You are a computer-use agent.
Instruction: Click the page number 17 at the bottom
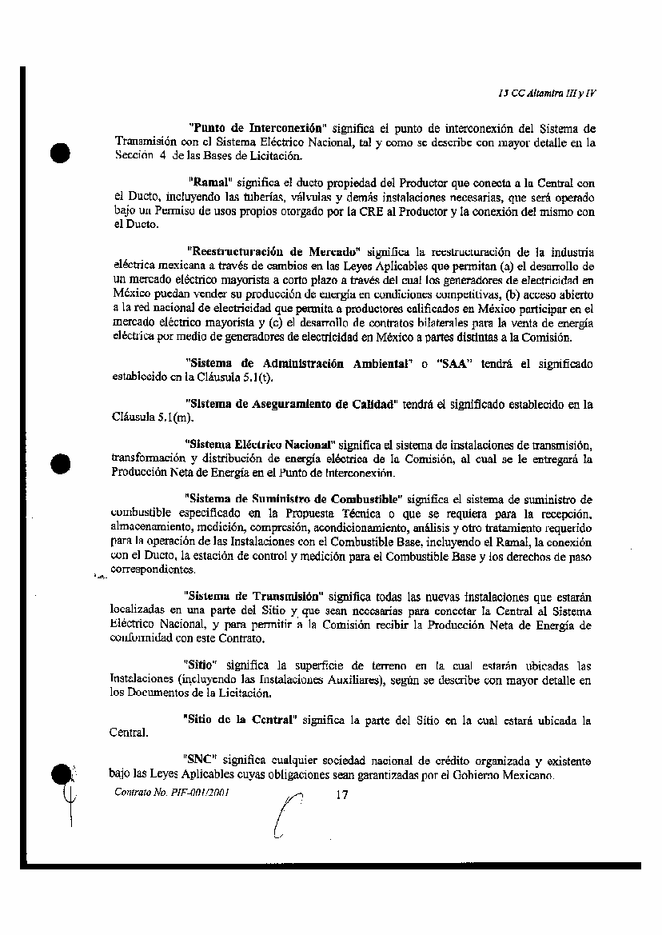pos(342,795)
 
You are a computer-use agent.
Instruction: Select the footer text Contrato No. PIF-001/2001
pos(162,793)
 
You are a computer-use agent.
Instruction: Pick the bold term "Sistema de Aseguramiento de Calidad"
pos(291,404)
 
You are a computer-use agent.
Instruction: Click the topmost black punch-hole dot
pos(62,153)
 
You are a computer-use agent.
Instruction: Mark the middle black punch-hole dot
pos(62,462)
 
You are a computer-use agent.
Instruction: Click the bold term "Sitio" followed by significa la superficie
pos(199,665)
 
